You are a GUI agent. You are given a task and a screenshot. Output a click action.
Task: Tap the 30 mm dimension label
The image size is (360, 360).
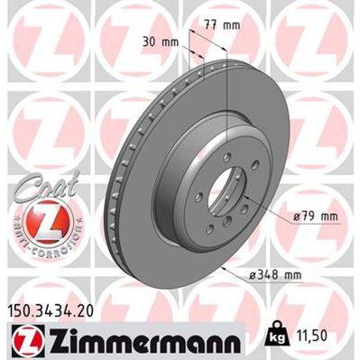pyautogui.click(x=162, y=42)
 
